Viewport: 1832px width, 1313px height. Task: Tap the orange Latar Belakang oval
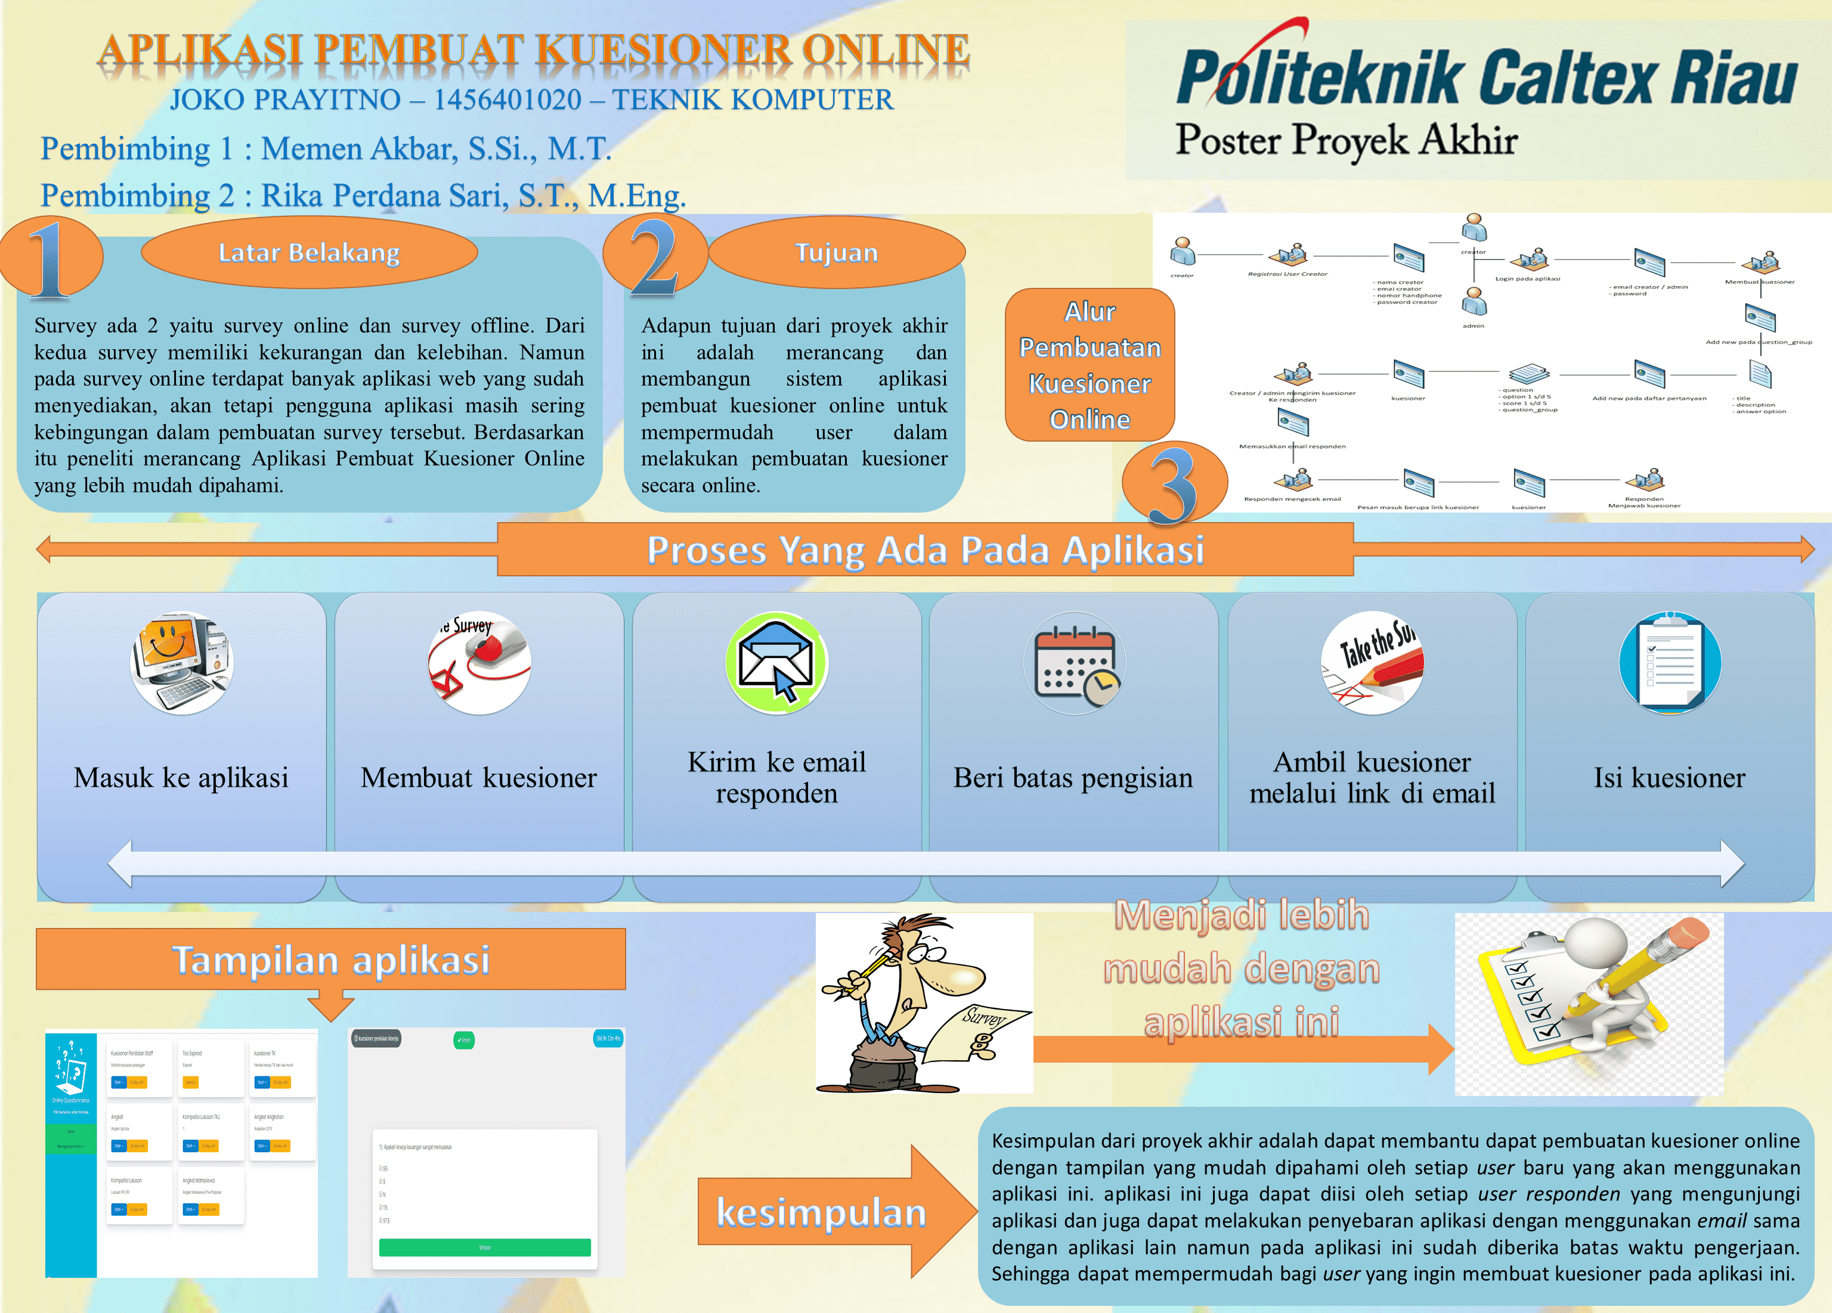coord(310,253)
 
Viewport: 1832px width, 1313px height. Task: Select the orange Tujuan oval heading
coord(836,253)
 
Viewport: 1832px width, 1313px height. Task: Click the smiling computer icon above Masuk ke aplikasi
coord(182,662)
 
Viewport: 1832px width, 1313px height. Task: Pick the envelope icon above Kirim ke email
coord(776,662)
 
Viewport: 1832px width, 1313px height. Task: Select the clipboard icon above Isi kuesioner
coord(1670,662)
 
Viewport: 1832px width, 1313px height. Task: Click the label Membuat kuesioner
coord(478,778)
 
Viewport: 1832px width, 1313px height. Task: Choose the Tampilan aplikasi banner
coord(330,960)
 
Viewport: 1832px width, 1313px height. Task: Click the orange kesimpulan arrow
coord(836,1211)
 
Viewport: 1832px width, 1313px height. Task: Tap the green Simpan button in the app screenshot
coord(485,1247)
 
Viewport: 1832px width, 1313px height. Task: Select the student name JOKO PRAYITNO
coord(285,100)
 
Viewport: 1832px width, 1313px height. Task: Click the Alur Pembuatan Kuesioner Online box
coord(1090,365)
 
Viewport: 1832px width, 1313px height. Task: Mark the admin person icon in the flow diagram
coord(1474,303)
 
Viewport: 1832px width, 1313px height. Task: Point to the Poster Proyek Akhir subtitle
coord(1346,141)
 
